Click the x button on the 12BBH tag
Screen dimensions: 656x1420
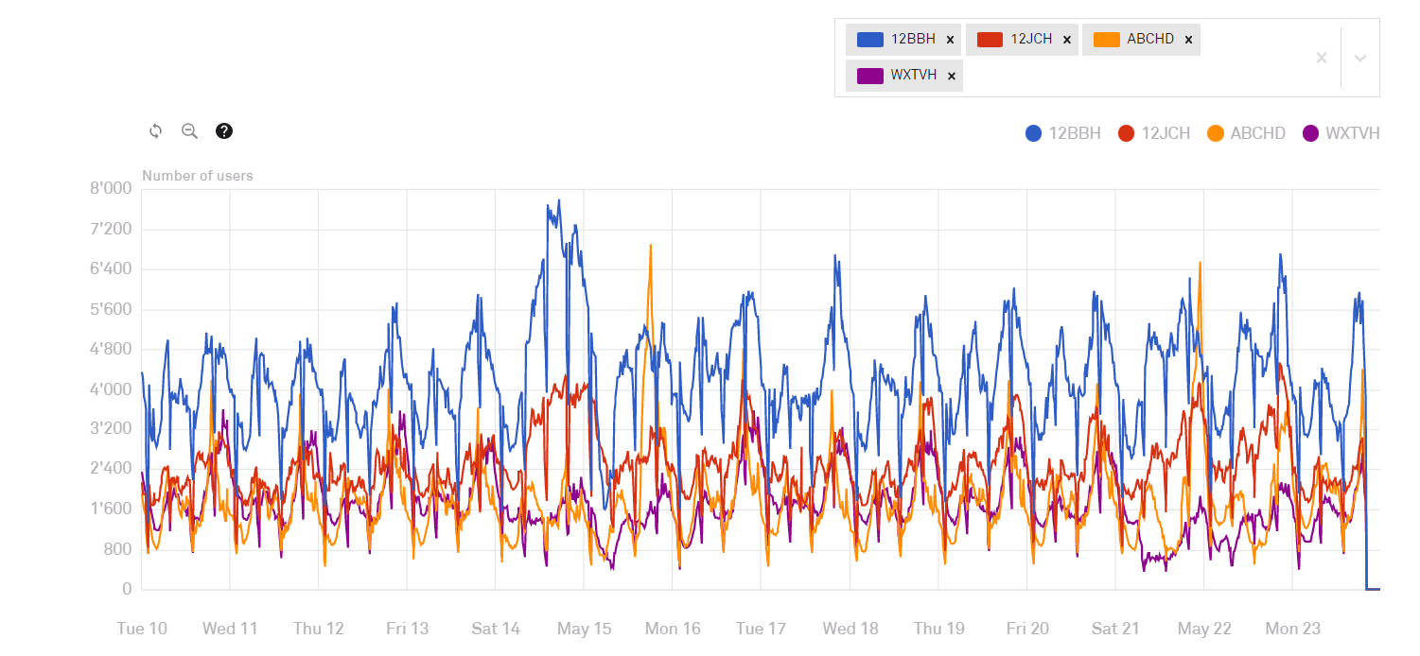(x=950, y=40)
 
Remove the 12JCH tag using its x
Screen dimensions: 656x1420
(x=1067, y=40)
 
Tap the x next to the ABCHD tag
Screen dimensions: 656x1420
(x=1188, y=40)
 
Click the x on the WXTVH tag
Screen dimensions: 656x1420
(x=952, y=76)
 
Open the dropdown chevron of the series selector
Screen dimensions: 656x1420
(x=1360, y=59)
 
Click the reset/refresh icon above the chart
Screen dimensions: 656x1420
(x=156, y=131)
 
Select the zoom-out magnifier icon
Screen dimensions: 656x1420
(x=189, y=131)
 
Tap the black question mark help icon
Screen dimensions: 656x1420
(x=224, y=131)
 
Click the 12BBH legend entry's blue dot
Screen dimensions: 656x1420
(x=1033, y=133)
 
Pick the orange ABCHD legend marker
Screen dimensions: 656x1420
(x=1216, y=133)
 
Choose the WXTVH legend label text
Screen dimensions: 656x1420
(x=1352, y=133)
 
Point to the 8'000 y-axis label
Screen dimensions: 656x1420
(x=112, y=189)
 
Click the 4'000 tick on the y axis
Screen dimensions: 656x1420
(x=112, y=389)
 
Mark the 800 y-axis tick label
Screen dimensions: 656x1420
(x=119, y=550)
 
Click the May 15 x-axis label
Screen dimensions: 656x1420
(x=585, y=629)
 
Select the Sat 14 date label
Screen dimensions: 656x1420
(x=496, y=629)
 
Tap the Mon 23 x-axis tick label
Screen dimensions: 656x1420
(x=1293, y=629)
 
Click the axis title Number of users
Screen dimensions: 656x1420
(x=198, y=176)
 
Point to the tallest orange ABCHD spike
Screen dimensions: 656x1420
(x=650, y=246)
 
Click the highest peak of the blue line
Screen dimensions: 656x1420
(x=559, y=201)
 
